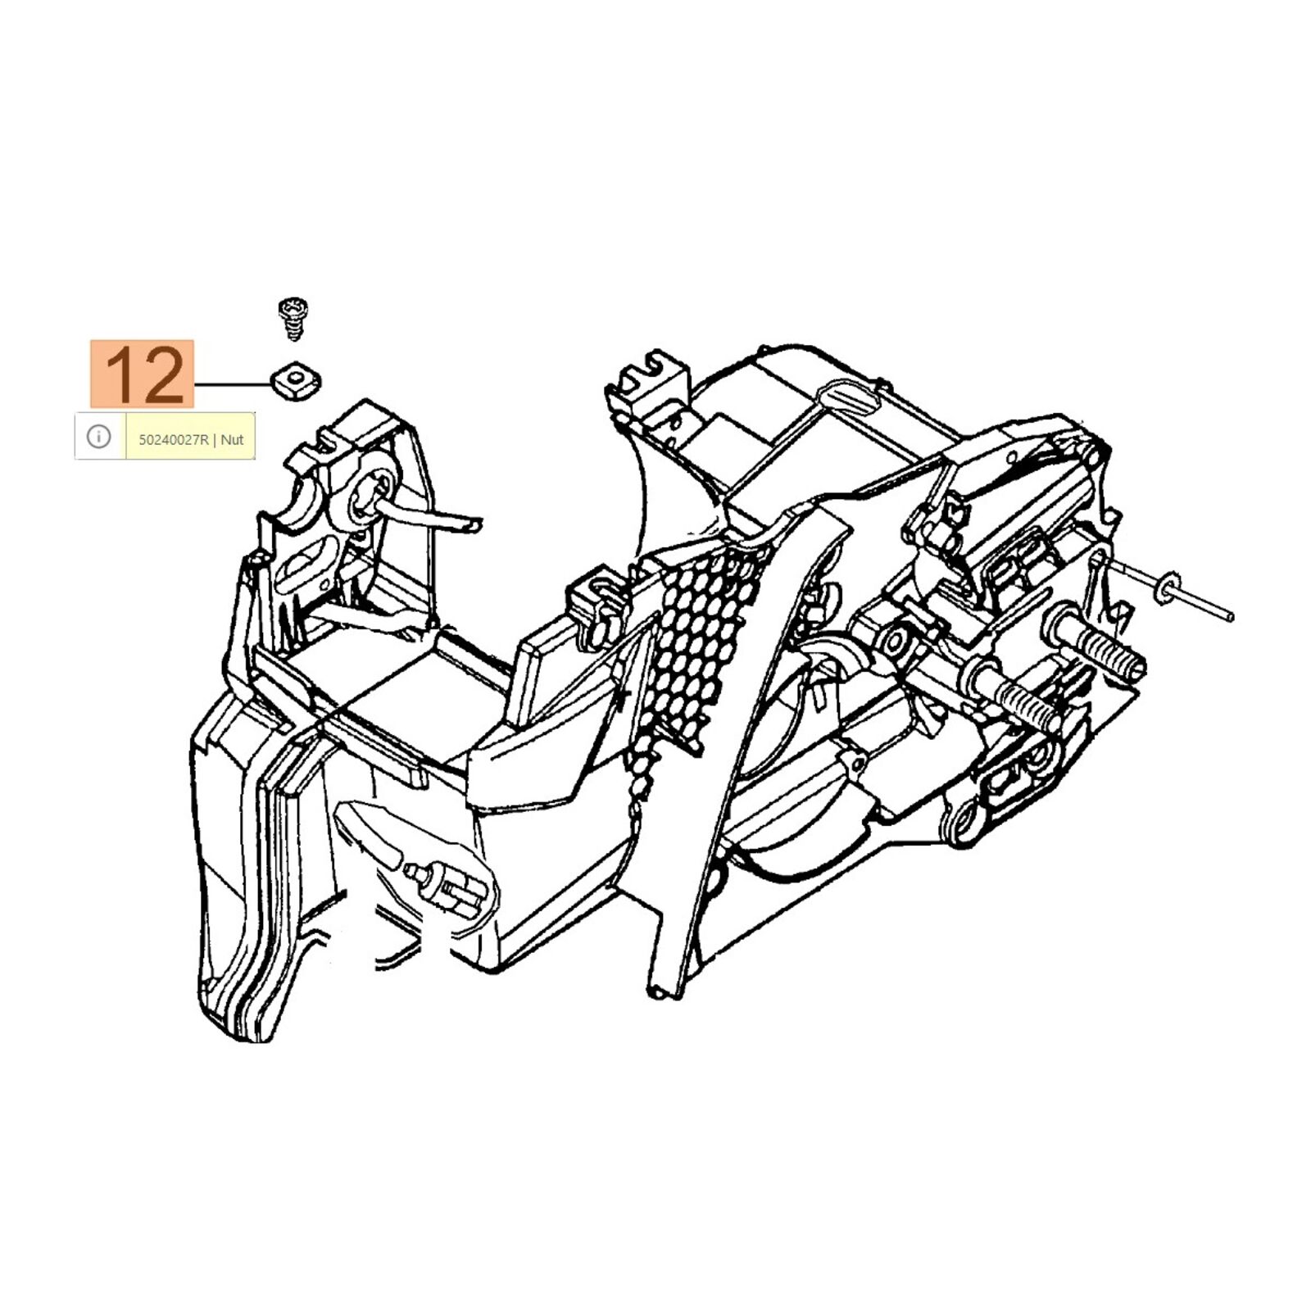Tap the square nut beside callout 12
pyautogui.click(x=296, y=379)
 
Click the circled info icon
pyautogui.click(x=99, y=437)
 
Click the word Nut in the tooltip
pyautogui.click(x=233, y=439)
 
